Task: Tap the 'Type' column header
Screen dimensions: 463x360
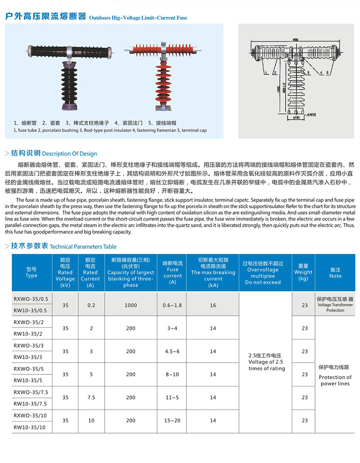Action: (x=31, y=273)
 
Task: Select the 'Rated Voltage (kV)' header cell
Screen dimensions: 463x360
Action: (x=65, y=273)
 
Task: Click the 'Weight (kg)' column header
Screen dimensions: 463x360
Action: (x=303, y=273)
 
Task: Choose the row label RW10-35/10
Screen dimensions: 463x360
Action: (x=29, y=427)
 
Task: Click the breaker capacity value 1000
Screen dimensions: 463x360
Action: (x=131, y=305)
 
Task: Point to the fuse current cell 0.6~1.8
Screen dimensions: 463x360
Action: (x=172, y=305)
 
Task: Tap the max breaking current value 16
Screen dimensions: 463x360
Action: (x=213, y=305)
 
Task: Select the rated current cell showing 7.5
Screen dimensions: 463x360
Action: (x=91, y=398)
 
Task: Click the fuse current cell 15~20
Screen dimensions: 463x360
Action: (x=172, y=420)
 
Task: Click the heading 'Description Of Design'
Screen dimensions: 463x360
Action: (x=69, y=154)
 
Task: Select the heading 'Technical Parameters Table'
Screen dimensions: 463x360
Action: (x=83, y=247)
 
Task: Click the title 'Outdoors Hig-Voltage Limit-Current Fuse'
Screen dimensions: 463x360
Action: (x=138, y=18)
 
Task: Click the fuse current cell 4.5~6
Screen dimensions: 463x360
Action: (x=172, y=352)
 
